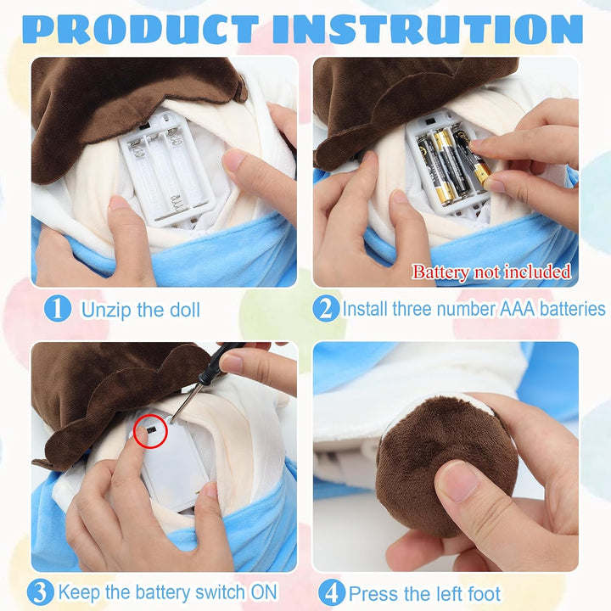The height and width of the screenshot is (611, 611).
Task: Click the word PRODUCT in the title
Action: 141,29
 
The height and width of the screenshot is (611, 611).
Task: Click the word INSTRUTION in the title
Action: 428,29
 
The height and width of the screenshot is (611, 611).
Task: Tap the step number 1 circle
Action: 58,309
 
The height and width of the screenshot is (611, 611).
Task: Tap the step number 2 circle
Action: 326,308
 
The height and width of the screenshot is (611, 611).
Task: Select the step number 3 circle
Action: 41,592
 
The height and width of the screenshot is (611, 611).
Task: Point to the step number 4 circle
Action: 332,593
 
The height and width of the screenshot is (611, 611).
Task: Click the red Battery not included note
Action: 491,272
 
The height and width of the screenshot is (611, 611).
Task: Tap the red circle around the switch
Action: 150,431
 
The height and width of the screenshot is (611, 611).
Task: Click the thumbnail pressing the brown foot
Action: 458,482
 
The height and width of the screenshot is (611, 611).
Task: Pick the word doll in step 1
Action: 185,311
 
